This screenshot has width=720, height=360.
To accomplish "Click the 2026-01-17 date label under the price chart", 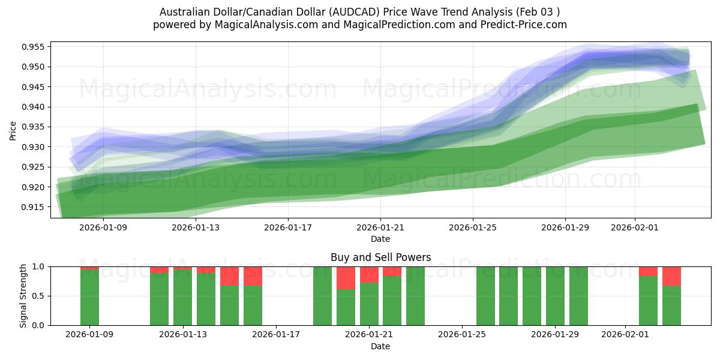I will click(x=288, y=227).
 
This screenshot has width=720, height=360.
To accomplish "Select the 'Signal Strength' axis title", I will click(x=23, y=296).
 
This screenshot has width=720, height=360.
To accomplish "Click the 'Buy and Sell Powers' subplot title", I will click(x=380, y=257).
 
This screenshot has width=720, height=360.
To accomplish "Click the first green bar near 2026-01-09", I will click(x=89, y=297).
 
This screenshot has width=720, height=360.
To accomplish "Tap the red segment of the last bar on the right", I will click(x=671, y=275).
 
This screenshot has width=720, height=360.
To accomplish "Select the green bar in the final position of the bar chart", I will click(x=671, y=305).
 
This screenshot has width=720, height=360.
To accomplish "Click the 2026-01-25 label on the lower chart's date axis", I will click(x=463, y=335).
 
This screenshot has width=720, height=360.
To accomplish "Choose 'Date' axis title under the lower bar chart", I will click(x=380, y=346).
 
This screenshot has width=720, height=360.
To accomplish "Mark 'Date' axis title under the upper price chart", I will click(x=380, y=239).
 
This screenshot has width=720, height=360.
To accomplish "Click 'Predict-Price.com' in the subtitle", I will click(x=526, y=25).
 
